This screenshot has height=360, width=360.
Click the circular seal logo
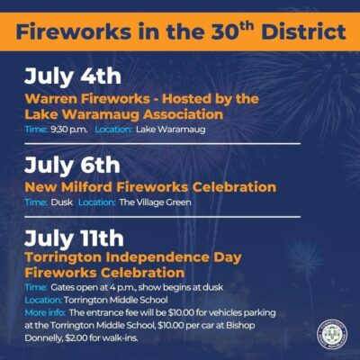[332, 335]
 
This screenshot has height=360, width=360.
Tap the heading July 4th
[73, 76]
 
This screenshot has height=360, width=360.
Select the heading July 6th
[72, 166]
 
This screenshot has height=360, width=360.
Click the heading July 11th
[74, 238]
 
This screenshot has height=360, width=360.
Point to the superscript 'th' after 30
[246, 26]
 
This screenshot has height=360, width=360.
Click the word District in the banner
[303, 32]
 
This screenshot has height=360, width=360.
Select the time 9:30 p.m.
[69, 130]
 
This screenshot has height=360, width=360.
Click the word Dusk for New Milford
[61, 202]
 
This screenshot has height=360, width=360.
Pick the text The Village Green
[155, 202]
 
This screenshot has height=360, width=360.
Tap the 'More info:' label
[45, 313]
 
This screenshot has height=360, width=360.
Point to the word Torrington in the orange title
[64, 257]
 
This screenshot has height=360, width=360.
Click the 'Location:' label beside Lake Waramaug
[113, 130]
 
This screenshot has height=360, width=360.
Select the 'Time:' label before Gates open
[36, 287]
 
